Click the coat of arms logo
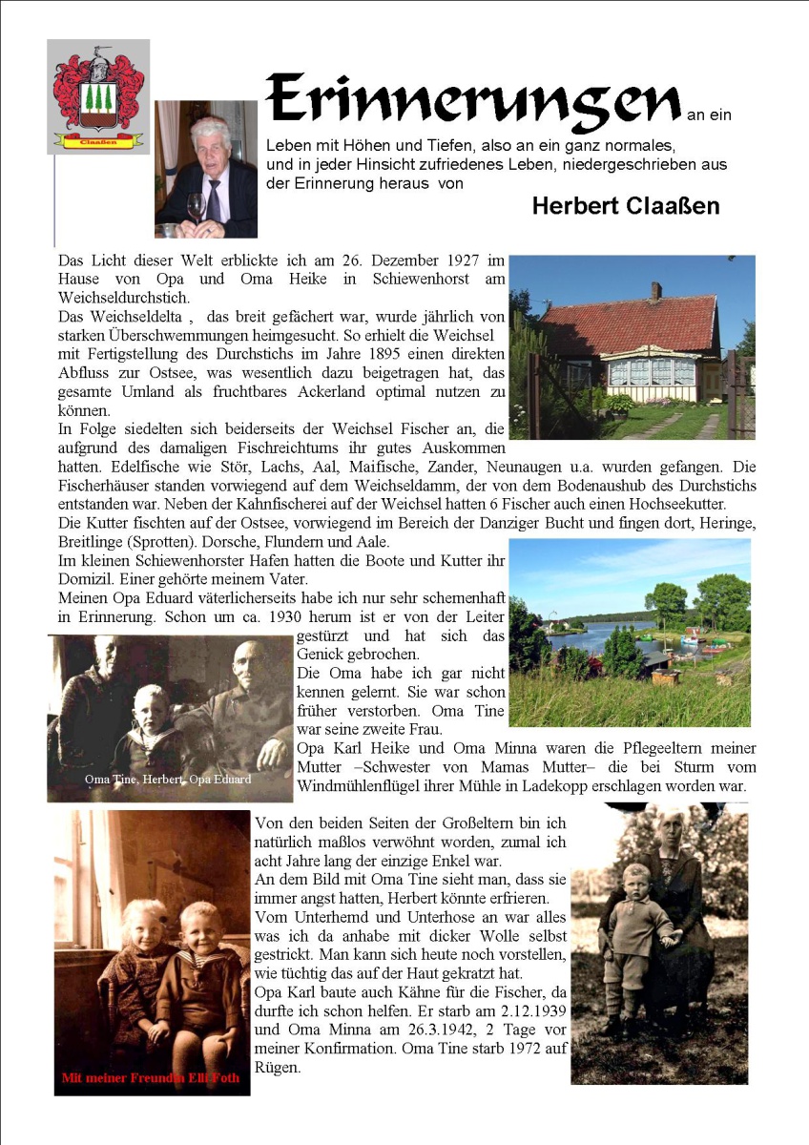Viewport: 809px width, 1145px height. [99, 96]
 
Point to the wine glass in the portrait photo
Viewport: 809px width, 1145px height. [197, 207]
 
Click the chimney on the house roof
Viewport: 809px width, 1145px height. [655, 291]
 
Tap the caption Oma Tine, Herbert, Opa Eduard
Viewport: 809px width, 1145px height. [168, 779]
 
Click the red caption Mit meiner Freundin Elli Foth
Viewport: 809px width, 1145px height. [151, 1078]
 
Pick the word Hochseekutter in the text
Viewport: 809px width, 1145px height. [713, 504]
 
